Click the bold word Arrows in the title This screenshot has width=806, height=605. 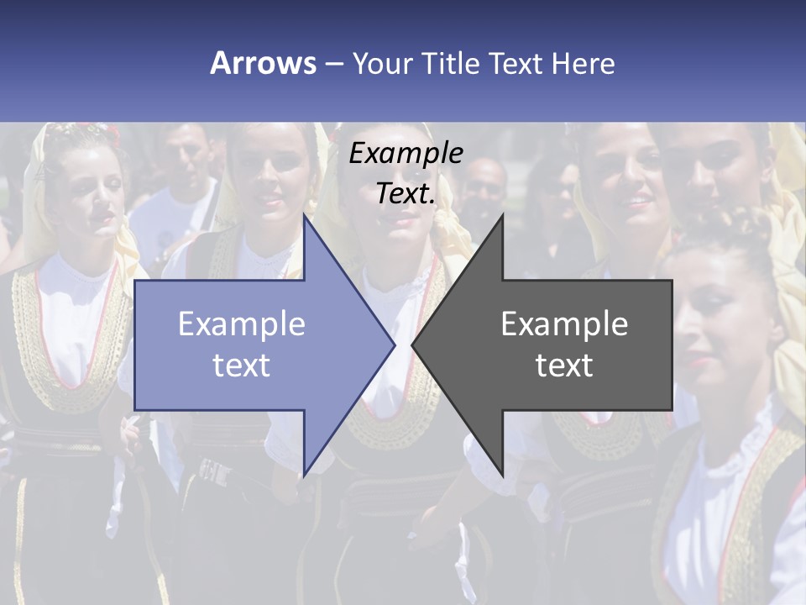point(263,63)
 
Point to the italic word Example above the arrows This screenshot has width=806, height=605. point(406,153)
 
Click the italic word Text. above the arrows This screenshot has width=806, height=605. point(406,193)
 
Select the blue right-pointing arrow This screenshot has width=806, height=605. point(252,345)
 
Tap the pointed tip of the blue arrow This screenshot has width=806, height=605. point(393,345)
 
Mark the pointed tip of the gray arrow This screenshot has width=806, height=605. point(414,345)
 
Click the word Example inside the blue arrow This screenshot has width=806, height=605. point(242,324)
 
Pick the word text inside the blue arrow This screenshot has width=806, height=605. point(242,366)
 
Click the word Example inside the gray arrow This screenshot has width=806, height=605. point(564,324)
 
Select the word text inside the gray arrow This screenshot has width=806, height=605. point(564,366)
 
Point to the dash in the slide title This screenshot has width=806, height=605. point(334,64)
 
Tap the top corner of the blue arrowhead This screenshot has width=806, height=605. point(305,217)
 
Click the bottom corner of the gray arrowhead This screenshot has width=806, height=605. point(501,473)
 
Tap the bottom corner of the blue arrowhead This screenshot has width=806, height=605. point(305,473)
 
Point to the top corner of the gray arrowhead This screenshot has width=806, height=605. point(501,217)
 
